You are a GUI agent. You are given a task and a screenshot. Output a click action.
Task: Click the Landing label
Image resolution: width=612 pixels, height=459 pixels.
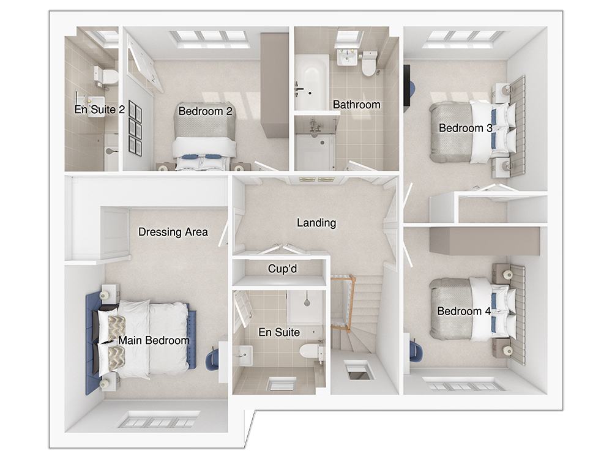point(316,223)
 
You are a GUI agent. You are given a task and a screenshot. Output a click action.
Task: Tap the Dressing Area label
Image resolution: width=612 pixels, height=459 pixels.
point(173,232)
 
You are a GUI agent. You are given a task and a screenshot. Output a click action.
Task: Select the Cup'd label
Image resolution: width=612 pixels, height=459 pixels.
point(282,269)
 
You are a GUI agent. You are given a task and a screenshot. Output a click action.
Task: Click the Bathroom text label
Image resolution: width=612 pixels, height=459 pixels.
point(356,105)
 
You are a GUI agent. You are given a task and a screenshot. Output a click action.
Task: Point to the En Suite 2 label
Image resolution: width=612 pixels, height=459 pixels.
point(99,110)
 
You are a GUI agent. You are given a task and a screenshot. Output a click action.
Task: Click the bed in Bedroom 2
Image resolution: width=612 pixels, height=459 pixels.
point(204,135)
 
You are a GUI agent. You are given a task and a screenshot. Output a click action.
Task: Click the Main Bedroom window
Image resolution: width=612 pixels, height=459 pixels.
point(156,421)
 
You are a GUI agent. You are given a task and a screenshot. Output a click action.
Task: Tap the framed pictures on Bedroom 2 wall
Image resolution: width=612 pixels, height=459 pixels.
point(135,129)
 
